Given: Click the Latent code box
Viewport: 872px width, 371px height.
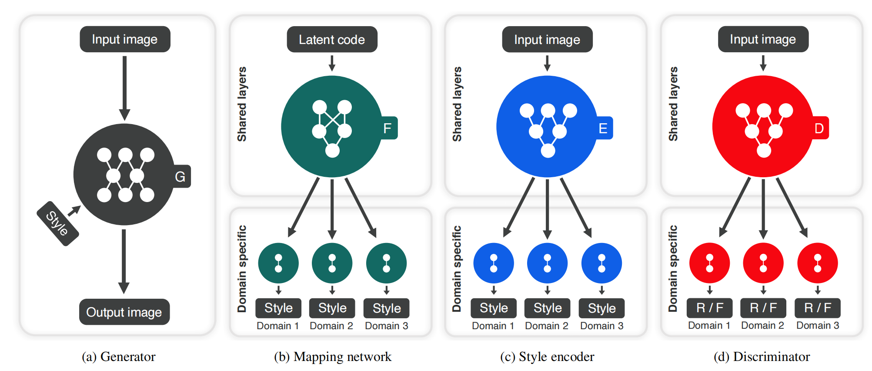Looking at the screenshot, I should (332, 40).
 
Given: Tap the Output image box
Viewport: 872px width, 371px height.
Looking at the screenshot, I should (124, 312).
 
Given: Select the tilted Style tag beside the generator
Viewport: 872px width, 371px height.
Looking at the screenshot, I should (58, 223).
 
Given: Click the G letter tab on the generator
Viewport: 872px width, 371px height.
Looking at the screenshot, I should (180, 176).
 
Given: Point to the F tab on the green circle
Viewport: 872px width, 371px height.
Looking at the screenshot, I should (388, 128).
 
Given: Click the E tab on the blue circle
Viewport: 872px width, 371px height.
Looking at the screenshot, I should (603, 128).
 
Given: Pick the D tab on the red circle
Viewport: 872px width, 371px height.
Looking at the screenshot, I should (819, 128).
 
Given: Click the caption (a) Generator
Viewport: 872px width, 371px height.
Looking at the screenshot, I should (119, 357).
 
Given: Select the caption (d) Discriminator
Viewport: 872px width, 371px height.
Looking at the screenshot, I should (762, 357).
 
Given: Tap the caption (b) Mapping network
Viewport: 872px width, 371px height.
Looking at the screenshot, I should (333, 357).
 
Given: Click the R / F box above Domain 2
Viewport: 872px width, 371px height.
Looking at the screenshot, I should (763, 308).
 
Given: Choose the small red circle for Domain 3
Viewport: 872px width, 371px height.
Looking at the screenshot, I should (817, 263).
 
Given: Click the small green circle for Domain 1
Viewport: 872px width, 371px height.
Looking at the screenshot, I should (278, 263).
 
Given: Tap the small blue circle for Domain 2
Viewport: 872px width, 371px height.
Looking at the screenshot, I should (547, 263).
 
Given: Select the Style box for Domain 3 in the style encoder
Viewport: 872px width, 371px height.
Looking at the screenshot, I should (601, 308).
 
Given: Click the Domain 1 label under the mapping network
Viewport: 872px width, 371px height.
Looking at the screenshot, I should (277, 326).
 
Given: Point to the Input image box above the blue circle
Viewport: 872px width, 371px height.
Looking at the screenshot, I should (547, 40).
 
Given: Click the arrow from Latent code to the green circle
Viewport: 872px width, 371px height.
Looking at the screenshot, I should (332, 63).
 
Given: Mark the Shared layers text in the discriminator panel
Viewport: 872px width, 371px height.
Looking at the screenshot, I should (673, 104).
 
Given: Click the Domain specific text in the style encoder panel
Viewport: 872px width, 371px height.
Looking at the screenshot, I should (457, 268).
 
